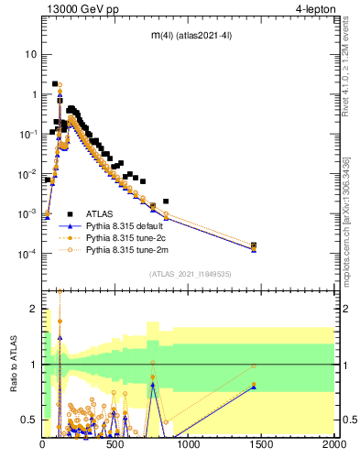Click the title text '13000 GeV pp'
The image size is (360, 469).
point(77,10)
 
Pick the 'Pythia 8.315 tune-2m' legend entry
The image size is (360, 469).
point(132,249)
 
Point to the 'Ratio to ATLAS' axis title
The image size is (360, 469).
point(12,363)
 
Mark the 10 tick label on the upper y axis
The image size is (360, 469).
point(31,54)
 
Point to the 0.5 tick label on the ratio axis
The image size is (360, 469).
point(29,420)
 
